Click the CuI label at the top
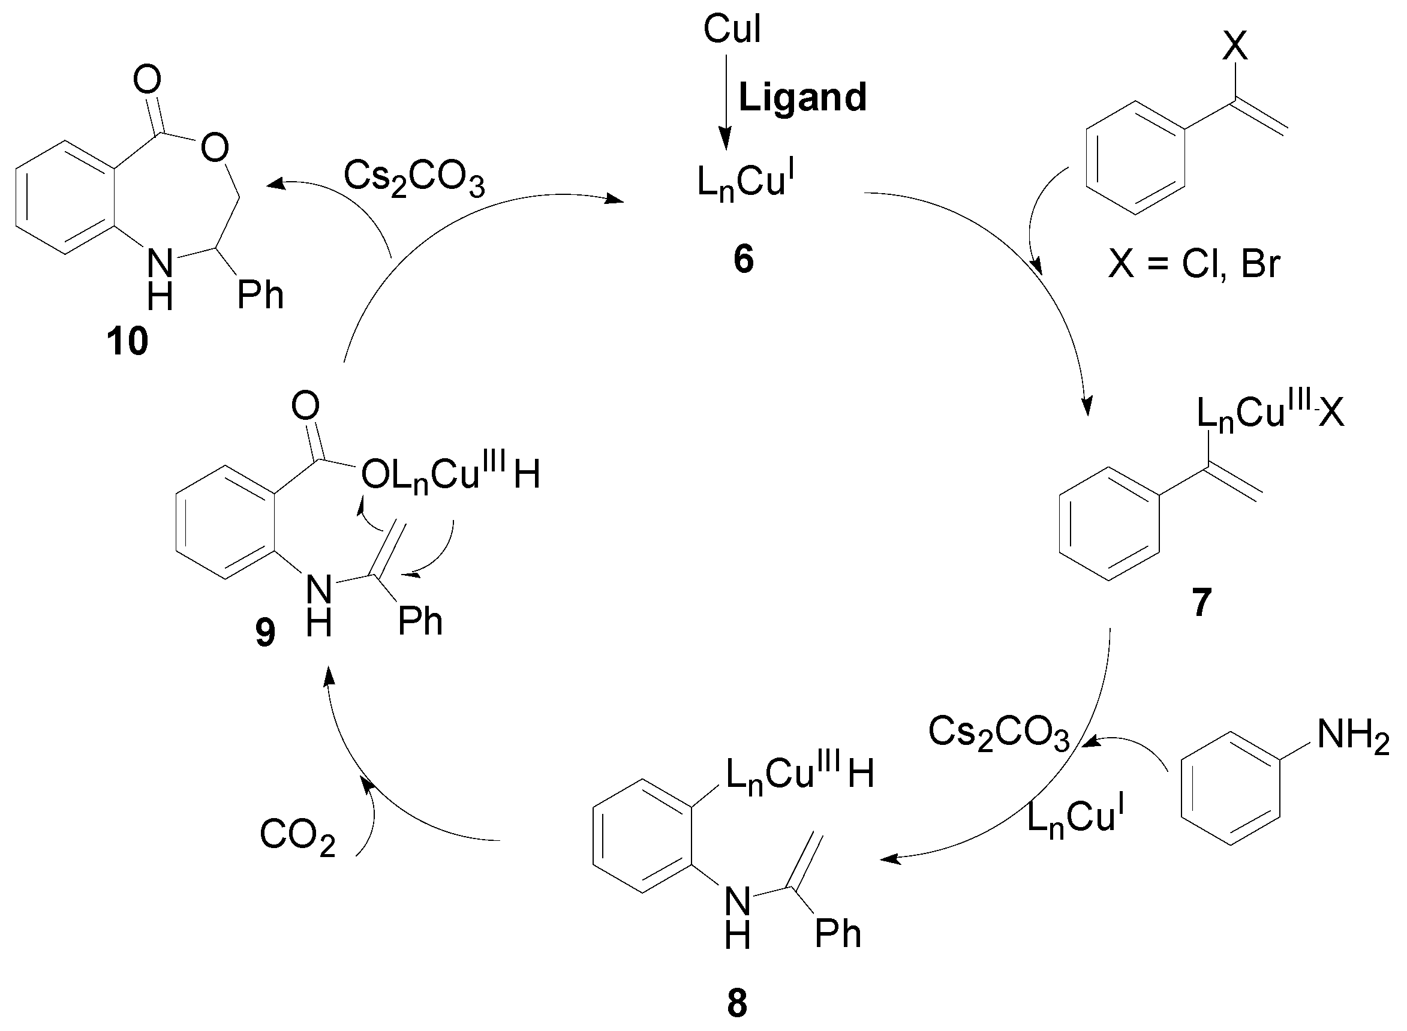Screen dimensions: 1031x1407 731,29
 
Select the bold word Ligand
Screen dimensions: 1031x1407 802,97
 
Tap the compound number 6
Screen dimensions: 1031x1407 743,259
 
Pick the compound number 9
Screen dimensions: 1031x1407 265,633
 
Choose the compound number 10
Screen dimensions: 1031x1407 127,341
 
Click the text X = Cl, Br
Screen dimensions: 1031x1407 1193,263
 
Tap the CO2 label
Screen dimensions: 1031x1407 297,835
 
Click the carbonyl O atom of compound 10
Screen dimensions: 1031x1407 148,80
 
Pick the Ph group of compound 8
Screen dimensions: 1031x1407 838,934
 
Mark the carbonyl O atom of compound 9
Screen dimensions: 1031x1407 305,406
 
